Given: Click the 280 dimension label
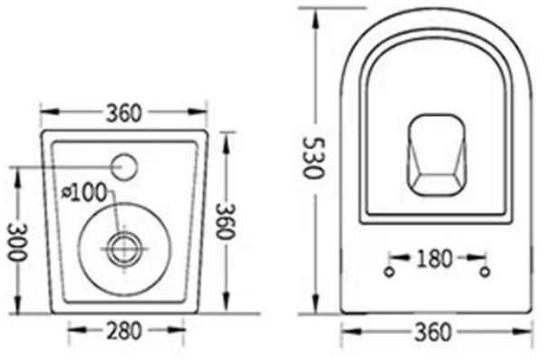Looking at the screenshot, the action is tap(124, 330).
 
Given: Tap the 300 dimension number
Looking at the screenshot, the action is tap(17, 242).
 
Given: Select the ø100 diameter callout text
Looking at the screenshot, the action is tap(84, 192).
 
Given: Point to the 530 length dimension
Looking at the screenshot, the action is tap(314, 158).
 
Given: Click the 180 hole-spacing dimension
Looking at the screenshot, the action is tap(434, 258).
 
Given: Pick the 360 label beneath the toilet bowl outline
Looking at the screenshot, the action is tap(433, 332).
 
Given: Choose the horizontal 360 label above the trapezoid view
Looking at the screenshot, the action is tap(124, 113).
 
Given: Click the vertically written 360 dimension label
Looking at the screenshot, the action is tap(226, 221).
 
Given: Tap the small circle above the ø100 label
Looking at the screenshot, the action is tap(124, 167).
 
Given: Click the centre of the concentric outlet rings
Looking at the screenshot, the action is tap(124, 248).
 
